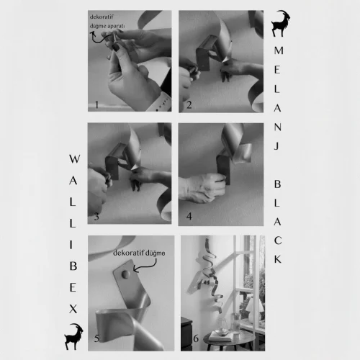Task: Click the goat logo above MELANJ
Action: click(280, 24)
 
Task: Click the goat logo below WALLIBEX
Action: click(73, 336)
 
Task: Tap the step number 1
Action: click(96, 104)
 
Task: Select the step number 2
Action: click(189, 105)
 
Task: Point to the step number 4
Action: click(189, 217)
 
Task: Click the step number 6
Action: click(196, 338)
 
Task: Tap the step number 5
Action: click(96, 338)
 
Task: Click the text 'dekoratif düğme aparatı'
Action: click(107, 22)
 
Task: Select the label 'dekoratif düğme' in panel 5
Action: click(139, 253)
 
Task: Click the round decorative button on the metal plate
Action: click(126, 274)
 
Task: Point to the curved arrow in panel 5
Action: click(146, 266)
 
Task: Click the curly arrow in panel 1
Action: click(100, 38)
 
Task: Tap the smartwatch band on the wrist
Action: click(158, 103)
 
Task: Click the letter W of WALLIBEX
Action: click(74, 159)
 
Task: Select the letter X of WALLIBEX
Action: click(73, 309)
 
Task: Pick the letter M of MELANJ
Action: click(279, 50)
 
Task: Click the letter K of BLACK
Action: click(278, 259)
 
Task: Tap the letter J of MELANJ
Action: click(277, 146)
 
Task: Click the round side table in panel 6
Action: click(229, 338)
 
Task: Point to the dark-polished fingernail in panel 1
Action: click(116, 47)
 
